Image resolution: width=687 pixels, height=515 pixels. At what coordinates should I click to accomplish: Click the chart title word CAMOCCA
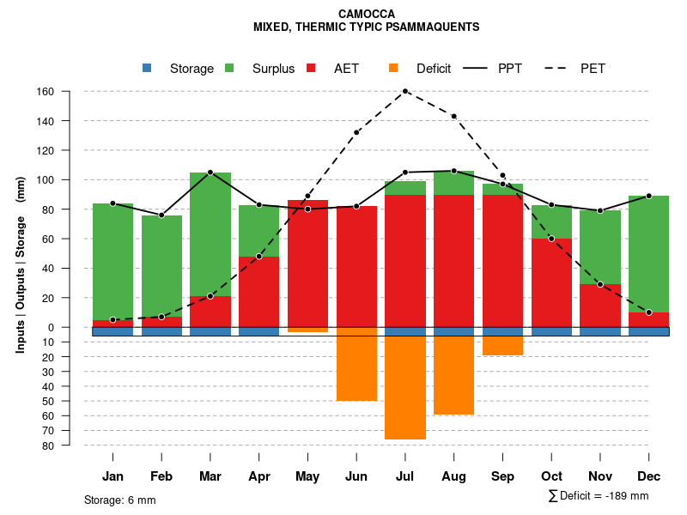coord(367,15)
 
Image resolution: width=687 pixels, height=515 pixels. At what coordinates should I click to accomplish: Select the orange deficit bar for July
coord(405,388)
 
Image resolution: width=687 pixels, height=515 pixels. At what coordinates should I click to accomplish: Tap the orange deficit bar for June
coord(356,368)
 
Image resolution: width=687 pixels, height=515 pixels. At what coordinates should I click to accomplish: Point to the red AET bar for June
coord(356,266)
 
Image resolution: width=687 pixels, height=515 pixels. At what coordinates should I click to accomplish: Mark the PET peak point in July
coord(405,91)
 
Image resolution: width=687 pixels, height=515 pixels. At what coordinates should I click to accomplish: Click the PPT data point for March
coord(210,173)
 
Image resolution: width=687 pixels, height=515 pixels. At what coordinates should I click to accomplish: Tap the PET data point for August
coord(453,116)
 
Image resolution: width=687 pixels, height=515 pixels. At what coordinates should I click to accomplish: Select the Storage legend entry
coord(181,69)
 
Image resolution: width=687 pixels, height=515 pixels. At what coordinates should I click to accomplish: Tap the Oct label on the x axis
coord(551,476)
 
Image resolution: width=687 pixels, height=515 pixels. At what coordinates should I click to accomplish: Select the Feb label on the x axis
coord(161,476)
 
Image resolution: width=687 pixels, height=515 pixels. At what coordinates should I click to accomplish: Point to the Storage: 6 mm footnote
coord(120,500)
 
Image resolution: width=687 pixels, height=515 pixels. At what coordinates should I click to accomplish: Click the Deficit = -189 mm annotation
coord(599,496)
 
